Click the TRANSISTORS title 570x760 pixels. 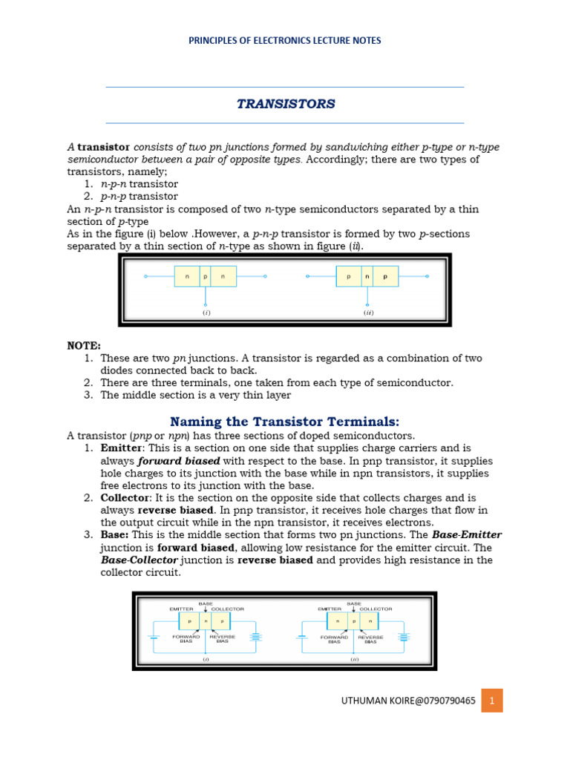[286, 104]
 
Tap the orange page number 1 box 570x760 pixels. [491, 700]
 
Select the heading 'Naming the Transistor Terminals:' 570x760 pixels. [285, 421]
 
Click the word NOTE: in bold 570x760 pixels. [84, 345]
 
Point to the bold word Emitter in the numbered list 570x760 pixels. [120, 448]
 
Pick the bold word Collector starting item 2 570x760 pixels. [123, 497]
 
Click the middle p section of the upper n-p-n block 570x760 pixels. [205, 277]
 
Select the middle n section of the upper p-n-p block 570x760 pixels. [366, 277]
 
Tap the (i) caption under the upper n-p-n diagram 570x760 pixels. [206, 312]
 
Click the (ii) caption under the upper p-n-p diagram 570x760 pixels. [368, 312]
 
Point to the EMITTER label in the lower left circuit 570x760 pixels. [182, 609]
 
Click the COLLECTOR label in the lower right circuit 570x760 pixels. [376, 609]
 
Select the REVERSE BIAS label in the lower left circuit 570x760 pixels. [223, 638]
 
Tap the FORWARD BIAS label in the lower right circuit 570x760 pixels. [334, 638]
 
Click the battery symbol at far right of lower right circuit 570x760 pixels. [404, 636]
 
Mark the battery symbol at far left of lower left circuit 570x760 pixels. [154, 636]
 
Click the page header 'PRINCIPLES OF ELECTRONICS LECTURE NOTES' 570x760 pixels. [285, 41]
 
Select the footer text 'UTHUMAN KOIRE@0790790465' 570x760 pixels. [408, 700]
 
